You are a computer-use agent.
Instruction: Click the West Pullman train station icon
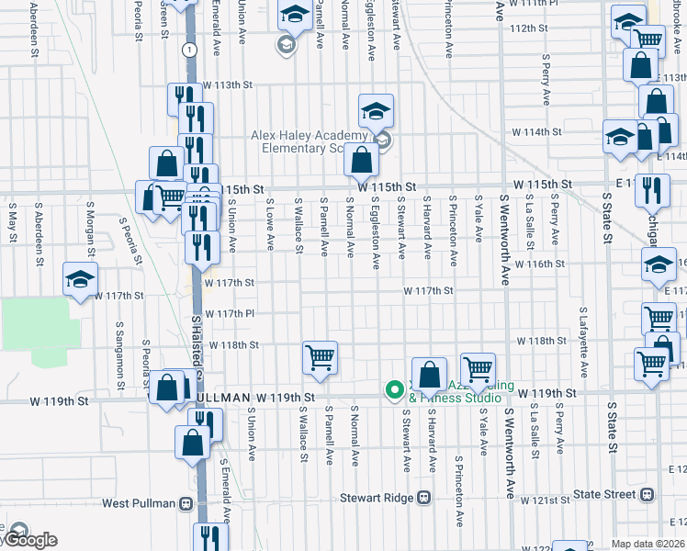click(x=186, y=503)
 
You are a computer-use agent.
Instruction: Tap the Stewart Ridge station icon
click(x=423, y=498)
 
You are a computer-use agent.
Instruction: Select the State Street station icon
click(x=648, y=495)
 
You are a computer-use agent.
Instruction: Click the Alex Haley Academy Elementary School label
click(x=314, y=141)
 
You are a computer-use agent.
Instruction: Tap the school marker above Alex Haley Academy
click(x=376, y=112)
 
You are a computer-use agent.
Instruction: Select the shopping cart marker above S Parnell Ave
click(x=320, y=357)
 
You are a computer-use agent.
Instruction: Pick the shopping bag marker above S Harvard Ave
click(x=429, y=374)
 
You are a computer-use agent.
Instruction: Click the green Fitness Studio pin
click(x=395, y=390)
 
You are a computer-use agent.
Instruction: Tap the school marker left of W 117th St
click(x=80, y=279)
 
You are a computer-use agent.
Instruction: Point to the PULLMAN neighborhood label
click(x=224, y=397)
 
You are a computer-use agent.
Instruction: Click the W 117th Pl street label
click(x=230, y=313)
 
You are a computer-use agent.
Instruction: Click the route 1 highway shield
click(x=188, y=49)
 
